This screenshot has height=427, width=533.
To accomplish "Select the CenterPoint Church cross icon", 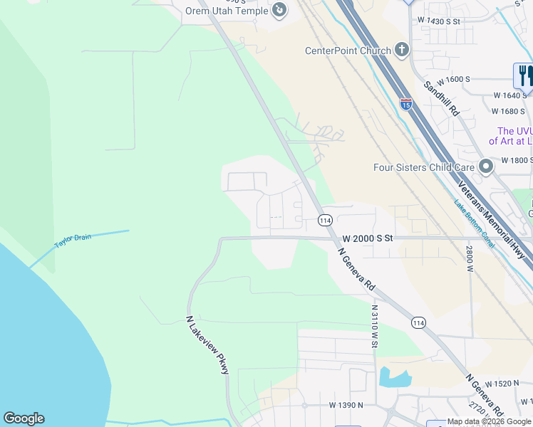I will pyautogui.click(x=402, y=50).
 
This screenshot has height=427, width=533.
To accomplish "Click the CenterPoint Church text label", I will pyautogui.click(x=348, y=51).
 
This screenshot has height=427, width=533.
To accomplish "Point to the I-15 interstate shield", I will pyautogui.click(x=405, y=105).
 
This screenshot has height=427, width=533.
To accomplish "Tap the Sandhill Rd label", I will pyautogui.click(x=442, y=99).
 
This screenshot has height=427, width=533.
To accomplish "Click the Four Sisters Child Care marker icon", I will pyautogui.click(x=486, y=167).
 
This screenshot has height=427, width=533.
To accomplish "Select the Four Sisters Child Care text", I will pyautogui.click(x=424, y=167).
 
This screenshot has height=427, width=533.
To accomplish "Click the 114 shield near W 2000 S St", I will pyautogui.click(x=326, y=220).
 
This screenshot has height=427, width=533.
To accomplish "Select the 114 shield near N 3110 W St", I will pyautogui.click(x=418, y=322).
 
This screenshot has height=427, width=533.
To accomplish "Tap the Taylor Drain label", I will pyautogui.click(x=73, y=241).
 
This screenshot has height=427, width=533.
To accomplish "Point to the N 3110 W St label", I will pyautogui.click(x=374, y=327).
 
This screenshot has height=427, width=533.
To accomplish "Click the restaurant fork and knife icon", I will pyautogui.click(x=524, y=74).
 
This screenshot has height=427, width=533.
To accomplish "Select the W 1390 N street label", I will pyautogui.click(x=346, y=405).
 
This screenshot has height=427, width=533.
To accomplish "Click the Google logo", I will pyautogui.click(x=24, y=418).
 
